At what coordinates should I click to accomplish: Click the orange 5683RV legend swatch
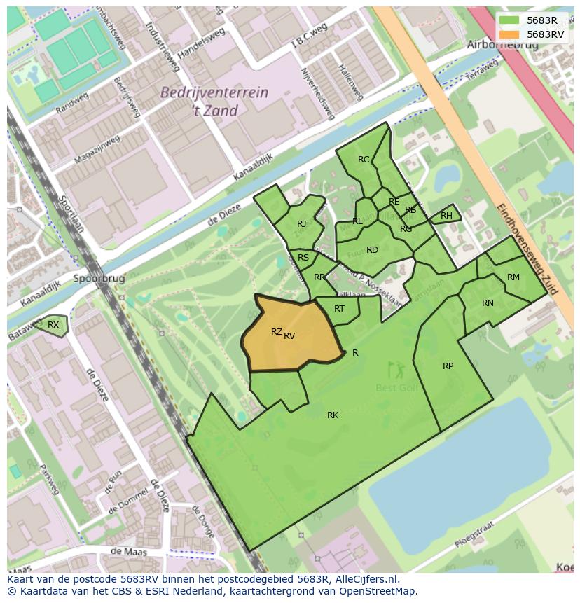point(509,34)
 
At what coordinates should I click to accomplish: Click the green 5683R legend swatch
point(509,20)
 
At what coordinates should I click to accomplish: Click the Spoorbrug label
point(98,278)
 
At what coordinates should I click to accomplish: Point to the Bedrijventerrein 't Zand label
point(204,101)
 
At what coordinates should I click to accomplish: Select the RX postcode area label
point(53,324)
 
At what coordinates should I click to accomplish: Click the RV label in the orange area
point(289,336)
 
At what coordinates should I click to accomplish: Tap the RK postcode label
point(333,415)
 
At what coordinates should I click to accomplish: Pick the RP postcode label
point(448,366)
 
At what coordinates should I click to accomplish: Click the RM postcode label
point(513,277)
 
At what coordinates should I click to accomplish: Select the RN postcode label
point(488,303)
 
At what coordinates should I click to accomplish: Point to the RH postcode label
point(446,216)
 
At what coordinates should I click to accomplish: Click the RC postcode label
point(364,160)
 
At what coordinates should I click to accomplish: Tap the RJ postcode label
point(302,224)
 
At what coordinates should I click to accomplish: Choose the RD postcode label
point(372,250)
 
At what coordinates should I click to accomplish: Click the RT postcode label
point(339,309)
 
